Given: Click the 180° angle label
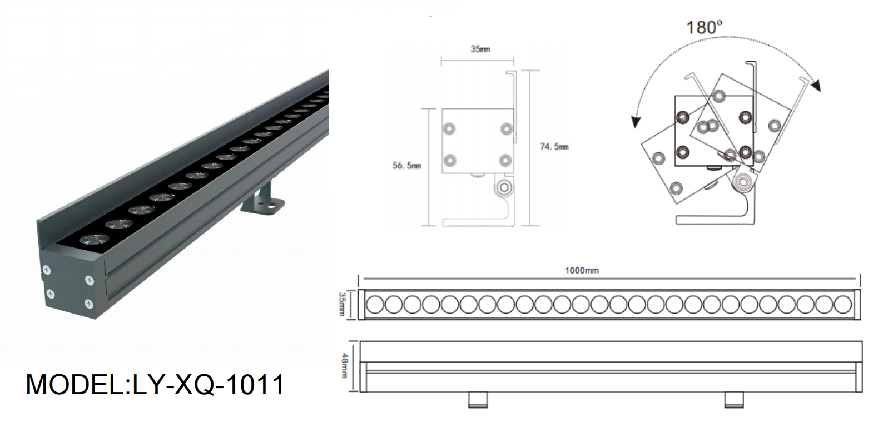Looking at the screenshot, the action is (x=705, y=27).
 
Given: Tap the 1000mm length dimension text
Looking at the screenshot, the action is (x=582, y=270).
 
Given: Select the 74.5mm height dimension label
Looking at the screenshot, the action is (x=554, y=147).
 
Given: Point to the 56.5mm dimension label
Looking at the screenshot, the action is (x=407, y=166).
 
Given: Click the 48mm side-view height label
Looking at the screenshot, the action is (x=344, y=366).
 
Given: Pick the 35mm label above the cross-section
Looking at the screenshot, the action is (x=480, y=49).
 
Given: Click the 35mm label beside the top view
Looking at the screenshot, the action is (x=342, y=304).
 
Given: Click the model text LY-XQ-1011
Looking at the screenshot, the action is (x=209, y=384).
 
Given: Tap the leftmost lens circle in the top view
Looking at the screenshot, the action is (x=374, y=304).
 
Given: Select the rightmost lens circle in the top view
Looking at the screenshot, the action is (x=843, y=304).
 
